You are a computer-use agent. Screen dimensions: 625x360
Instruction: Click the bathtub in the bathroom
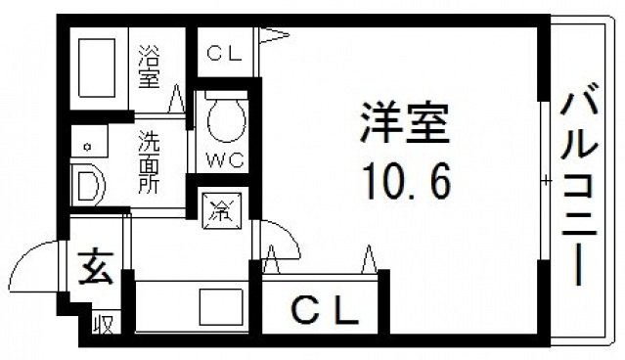pos(100,68)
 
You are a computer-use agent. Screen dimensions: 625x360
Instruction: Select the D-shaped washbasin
pos(89,184)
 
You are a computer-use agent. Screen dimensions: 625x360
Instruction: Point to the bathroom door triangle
pos(177,98)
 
